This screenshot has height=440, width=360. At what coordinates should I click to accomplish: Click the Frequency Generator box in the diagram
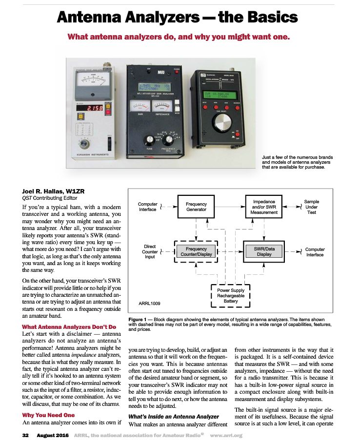(196, 207)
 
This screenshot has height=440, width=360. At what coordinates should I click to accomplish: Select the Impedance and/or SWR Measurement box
(264, 207)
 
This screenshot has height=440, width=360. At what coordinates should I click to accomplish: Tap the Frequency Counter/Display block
(196, 251)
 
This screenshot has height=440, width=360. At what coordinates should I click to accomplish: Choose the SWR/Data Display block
(264, 251)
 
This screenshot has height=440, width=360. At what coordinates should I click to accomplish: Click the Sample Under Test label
(311, 207)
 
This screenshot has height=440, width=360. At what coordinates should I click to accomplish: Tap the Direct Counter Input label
(150, 251)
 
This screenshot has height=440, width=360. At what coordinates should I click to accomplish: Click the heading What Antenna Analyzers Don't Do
(69, 326)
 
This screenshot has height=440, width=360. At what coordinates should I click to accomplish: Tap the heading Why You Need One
(48, 415)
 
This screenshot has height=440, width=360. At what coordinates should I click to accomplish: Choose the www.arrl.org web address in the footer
(226, 435)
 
